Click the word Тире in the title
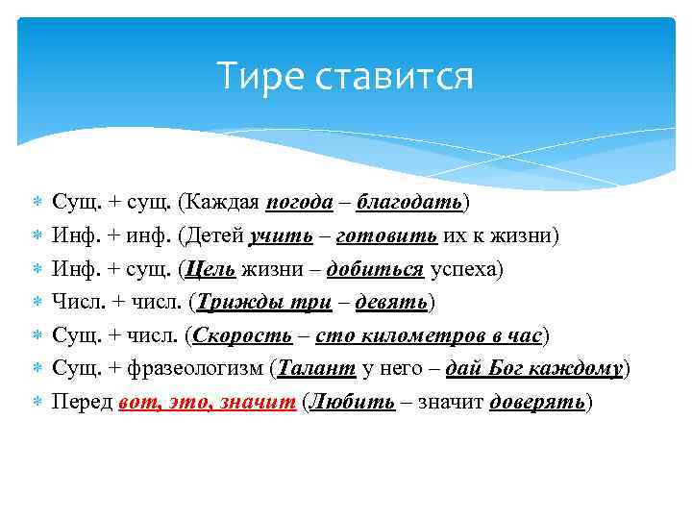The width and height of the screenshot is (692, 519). (x=251, y=77)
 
